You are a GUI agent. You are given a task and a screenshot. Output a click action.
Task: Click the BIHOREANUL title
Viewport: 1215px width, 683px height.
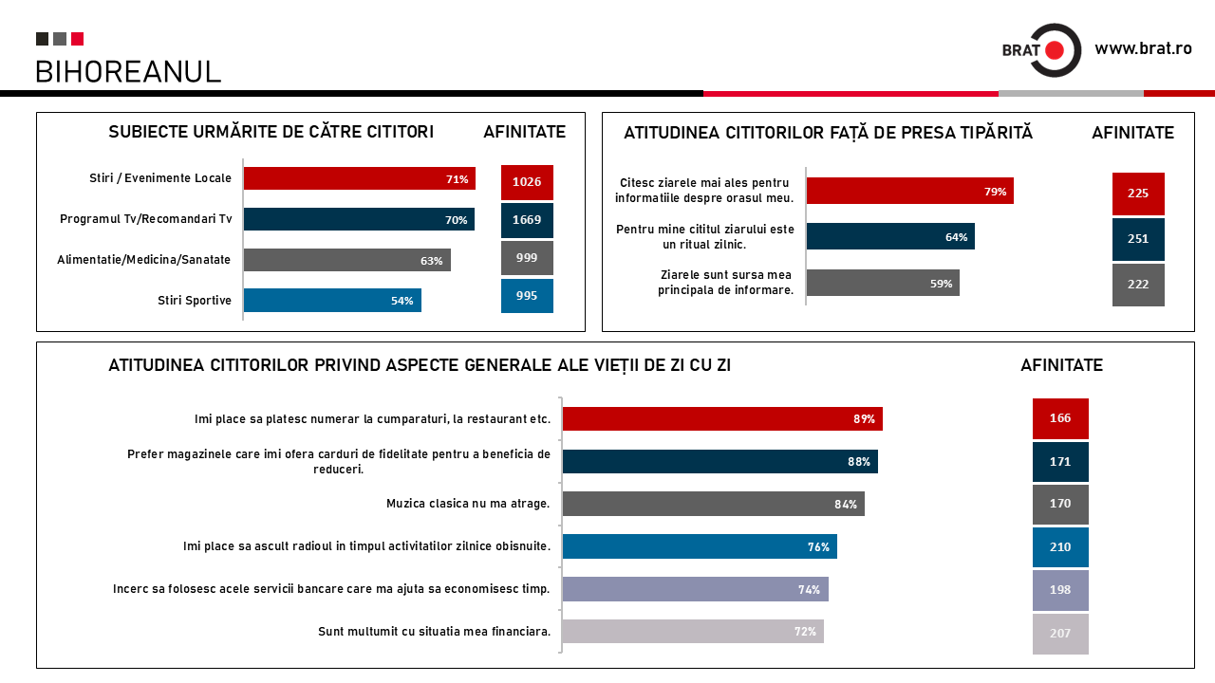(x=128, y=71)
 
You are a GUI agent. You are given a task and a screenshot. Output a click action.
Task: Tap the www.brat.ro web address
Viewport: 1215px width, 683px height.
(x=1143, y=48)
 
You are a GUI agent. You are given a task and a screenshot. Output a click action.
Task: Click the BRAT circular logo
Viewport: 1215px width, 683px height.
(x=1054, y=50)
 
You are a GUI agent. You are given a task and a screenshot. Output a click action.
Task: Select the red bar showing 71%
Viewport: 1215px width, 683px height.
(x=359, y=178)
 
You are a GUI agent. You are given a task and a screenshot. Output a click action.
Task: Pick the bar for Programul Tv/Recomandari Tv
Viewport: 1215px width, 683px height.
(x=359, y=219)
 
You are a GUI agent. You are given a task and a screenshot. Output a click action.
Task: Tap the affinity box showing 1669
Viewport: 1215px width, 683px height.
(x=527, y=220)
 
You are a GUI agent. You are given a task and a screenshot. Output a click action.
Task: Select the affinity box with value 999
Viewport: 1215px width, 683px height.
(x=527, y=258)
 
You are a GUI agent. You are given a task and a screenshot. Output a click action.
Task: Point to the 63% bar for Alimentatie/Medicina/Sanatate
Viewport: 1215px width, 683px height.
(x=346, y=260)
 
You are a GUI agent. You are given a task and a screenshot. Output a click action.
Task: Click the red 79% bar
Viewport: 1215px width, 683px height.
(x=909, y=191)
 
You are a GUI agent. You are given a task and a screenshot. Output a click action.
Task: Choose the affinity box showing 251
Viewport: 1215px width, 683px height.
(x=1138, y=239)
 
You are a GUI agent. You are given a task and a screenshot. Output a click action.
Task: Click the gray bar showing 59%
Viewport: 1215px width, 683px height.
(x=883, y=283)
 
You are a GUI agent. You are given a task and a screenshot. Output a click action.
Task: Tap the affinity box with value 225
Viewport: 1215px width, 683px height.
(x=1138, y=194)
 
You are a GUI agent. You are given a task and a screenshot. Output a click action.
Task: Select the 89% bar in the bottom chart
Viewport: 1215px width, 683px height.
(x=722, y=418)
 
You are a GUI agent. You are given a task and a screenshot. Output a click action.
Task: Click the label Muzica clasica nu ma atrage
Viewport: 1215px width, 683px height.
(x=468, y=504)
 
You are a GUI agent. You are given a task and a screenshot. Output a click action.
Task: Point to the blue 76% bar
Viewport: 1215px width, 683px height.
(x=700, y=546)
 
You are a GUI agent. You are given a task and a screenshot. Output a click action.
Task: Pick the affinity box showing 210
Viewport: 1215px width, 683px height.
(x=1060, y=547)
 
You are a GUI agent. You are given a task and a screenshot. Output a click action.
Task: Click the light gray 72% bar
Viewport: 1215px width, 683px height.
(x=693, y=631)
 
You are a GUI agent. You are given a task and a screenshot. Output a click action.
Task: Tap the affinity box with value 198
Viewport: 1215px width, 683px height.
(x=1060, y=590)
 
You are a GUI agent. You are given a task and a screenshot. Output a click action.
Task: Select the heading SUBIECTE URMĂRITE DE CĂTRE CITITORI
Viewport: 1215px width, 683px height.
(x=271, y=132)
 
